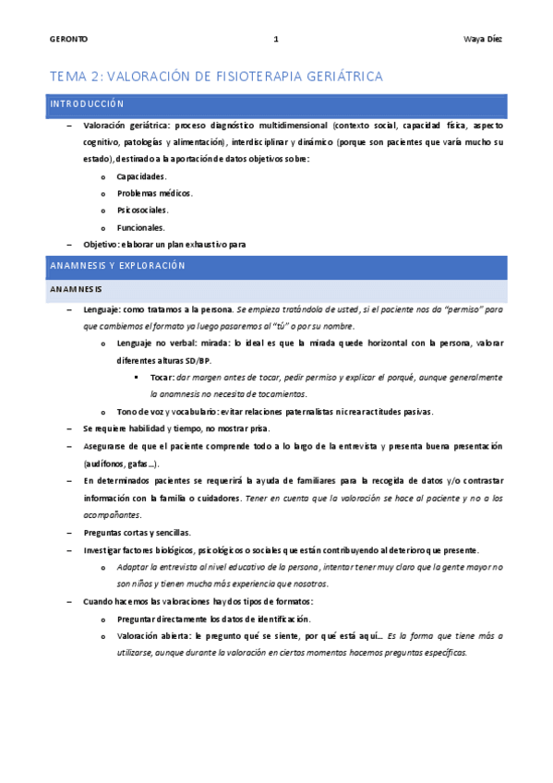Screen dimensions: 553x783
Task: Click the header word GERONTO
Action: [68, 39]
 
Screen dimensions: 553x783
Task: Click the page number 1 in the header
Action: [276, 39]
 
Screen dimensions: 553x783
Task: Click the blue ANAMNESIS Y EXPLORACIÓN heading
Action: [117, 266]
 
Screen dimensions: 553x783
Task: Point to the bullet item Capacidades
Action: [141, 176]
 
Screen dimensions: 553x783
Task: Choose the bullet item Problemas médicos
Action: [154, 193]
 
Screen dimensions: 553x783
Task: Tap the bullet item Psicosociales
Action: [142, 211]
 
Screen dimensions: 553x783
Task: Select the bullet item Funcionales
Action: [141, 227]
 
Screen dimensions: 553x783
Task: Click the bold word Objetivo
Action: [101, 244]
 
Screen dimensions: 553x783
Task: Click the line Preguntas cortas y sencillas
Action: [137, 533]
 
